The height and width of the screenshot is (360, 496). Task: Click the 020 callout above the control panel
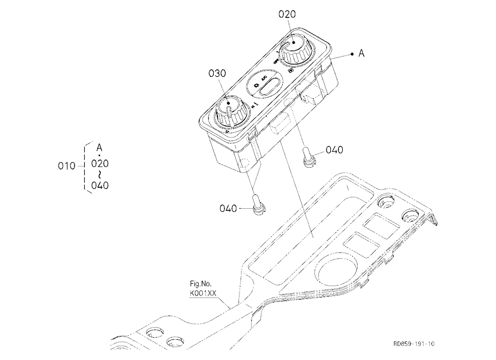click(287, 14)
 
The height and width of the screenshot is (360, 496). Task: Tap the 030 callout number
click(217, 73)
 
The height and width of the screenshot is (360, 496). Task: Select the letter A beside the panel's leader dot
click(361, 54)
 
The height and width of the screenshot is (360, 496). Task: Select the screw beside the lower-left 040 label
click(258, 204)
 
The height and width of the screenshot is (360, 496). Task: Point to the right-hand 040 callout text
click(334, 150)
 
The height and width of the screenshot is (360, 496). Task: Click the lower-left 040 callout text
click(228, 208)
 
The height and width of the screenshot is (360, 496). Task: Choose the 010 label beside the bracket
click(66, 166)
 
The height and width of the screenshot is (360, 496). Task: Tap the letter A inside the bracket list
click(99, 148)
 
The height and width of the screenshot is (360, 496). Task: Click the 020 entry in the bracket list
click(100, 164)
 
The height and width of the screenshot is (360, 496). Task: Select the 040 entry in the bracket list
click(100, 185)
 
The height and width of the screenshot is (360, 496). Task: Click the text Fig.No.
click(200, 284)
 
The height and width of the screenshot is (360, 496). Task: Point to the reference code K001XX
click(203, 293)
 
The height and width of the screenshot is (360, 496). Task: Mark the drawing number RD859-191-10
click(414, 344)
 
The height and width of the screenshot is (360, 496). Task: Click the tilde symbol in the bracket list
click(100, 175)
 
